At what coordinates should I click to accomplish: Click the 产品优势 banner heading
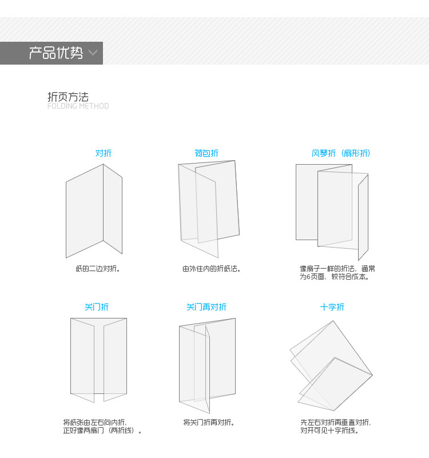click(55, 53)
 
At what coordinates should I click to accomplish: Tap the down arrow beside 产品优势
click(93, 54)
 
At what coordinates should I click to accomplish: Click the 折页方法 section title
click(67, 97)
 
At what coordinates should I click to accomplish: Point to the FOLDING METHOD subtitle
click(78, 106)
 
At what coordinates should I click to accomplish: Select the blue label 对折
click(103, 153)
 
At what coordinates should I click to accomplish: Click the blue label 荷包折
click(206, 153)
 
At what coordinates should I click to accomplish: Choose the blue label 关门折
click(97, 307)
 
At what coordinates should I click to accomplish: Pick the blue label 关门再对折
click(206, 307)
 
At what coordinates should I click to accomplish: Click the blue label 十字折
click(332, 307)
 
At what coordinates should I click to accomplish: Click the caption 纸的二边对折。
click(98, 269)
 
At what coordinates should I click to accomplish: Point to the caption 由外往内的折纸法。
click(211, 269)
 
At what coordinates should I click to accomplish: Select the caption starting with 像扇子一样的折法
click(337, 273)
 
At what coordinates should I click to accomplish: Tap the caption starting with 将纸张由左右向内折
click(102, 427)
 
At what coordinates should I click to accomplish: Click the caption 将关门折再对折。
click(209, 423)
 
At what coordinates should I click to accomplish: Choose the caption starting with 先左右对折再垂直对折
click(335, 427)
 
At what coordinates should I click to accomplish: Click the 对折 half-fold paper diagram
click(94, 210)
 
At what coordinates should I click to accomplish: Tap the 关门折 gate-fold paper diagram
click(98, 359)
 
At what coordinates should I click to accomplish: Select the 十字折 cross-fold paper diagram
click(331, 366)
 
